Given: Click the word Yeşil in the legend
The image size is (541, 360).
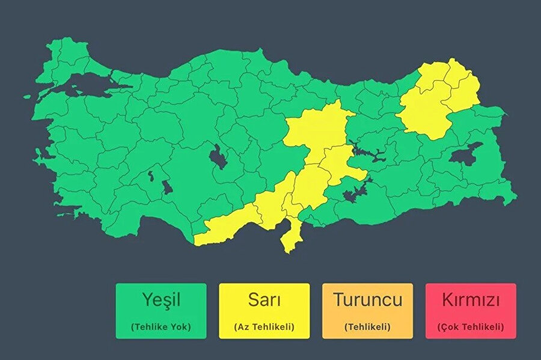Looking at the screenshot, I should point(160,300).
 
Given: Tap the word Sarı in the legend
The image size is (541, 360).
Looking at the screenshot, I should point(264,300).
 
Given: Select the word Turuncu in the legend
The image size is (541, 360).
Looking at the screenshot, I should point(367,300).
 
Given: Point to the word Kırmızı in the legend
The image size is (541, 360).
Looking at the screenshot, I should point(471,300).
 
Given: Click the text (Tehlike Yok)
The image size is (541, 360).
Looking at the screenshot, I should point(160,327).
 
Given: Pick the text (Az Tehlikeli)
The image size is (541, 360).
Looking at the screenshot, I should point(264,327).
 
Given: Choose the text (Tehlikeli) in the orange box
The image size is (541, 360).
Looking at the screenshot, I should point(367,327).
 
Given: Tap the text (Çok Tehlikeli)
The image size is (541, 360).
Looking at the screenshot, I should point(471,327).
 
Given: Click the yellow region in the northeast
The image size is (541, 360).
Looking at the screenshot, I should point(436,102).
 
